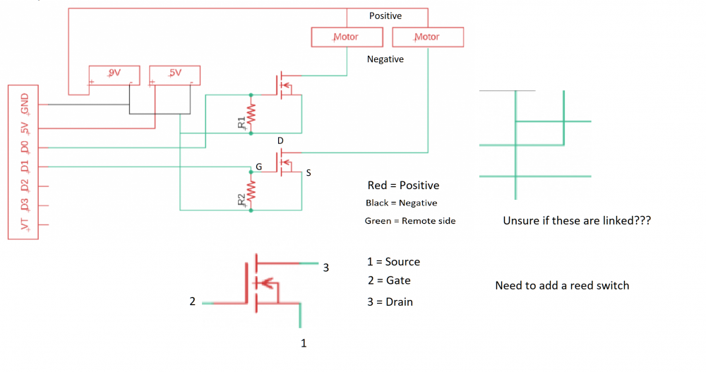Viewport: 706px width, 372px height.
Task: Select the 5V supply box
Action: pos(174,74)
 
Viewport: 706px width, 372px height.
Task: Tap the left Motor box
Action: pos(347,37)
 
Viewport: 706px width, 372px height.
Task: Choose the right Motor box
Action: pos(427,37)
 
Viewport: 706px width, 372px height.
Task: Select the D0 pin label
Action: pos(25,148)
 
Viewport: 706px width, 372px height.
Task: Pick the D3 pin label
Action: pos(25,205)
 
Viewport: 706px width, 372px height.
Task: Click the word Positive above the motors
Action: pos(385,16)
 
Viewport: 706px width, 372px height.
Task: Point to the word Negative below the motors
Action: pos(385,59)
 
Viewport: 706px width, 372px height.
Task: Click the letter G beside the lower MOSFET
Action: pos(259,166)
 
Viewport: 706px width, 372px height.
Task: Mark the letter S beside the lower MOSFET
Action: pos(309,172)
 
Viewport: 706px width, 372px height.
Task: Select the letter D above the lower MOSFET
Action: pos(280,141)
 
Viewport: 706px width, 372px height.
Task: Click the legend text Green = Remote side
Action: pos(410,221)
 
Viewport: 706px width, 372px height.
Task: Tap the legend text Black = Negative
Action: pos(401,203)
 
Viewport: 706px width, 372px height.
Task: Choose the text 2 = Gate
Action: pos(389,280)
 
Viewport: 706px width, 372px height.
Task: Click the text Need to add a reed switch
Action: pos(562,286)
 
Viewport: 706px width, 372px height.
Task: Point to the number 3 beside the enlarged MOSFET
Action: pos(326,268)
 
